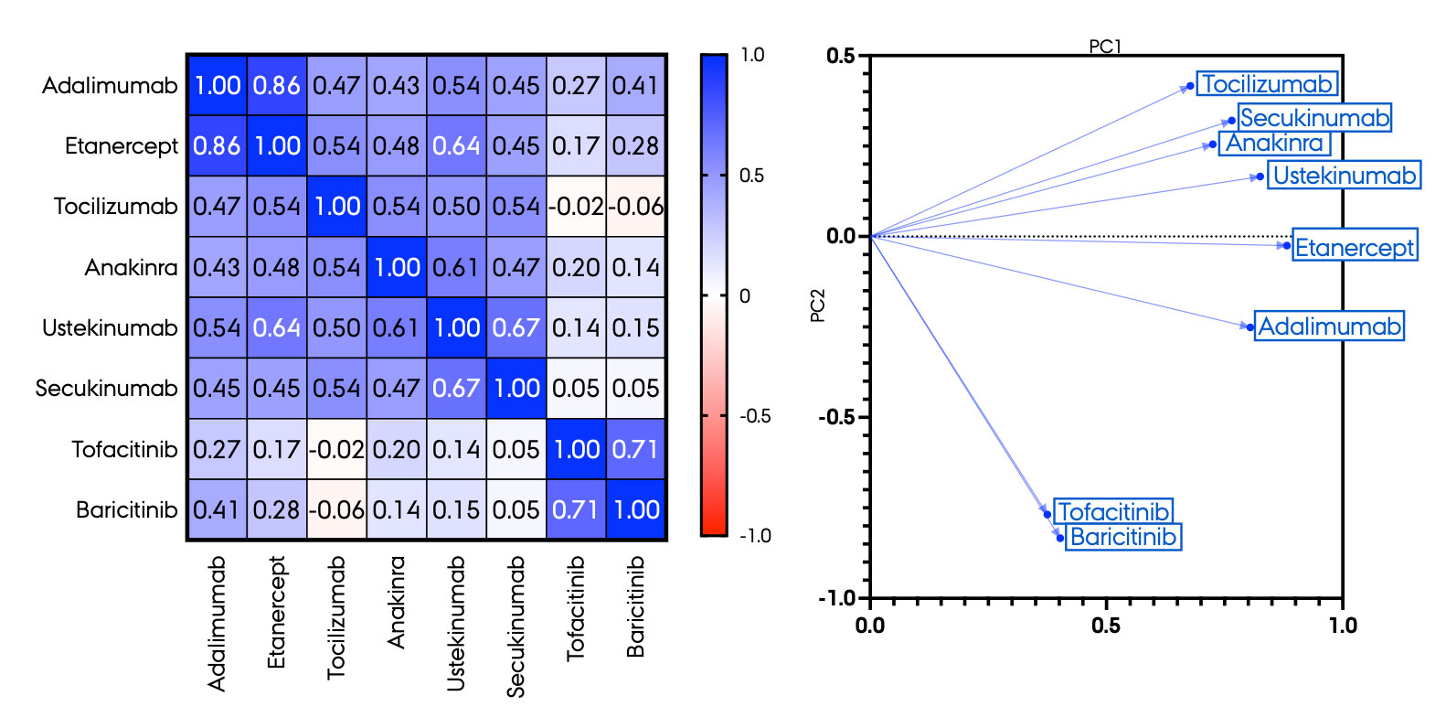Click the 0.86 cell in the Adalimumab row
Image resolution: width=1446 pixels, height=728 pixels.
[x=277, y=85]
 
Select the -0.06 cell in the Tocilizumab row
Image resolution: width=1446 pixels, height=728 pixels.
[x=636, y=207]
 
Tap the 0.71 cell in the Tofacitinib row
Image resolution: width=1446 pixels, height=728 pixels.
[x=636, y=449]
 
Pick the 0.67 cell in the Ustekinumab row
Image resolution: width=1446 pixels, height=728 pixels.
[x=516, y=327]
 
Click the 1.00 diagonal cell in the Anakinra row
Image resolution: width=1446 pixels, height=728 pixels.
[x=397, y=267]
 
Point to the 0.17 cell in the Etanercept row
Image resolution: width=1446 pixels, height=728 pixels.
[x=576, y=146]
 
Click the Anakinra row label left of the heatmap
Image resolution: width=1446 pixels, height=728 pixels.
[x=131, y=267]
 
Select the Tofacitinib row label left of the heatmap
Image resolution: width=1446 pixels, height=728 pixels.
[x=124, y=449]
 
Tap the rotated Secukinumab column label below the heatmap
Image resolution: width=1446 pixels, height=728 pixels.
[x=516, y=626]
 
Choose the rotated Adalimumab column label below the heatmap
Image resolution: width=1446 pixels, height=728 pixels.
[x=217, y=623]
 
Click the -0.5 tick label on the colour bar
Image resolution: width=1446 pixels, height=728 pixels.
[x=755, y=416]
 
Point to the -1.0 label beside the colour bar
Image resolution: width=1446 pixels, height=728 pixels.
[x=755, y=536]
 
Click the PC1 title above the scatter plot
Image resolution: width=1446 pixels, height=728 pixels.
[x=1105, y=46]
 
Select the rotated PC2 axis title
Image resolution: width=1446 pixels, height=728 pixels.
[x=818, y=305]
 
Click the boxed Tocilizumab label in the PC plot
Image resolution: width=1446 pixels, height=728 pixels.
[x=1267, y=84]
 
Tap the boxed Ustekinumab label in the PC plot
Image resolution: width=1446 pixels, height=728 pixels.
[x=1345, y=176]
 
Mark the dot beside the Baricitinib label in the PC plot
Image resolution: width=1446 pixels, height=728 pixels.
[x=1060, y=538]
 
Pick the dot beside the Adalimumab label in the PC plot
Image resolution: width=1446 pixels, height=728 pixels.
[x=1250, y=327]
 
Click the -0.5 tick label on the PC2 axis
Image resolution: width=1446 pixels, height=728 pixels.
[x=836, y=417]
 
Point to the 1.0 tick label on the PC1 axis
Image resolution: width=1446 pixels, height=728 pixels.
[x=1342, y=626]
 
